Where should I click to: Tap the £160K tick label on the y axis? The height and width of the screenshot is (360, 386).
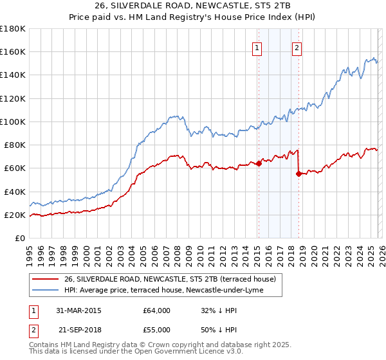coord(13,51)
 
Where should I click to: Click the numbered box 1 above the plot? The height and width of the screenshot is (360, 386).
coord(257,47)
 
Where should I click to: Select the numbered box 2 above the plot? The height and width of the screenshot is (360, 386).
coord(297,47)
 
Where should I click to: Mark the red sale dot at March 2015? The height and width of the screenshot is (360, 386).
coord(259,163)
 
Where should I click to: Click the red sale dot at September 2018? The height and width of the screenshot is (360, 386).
coord(299,174)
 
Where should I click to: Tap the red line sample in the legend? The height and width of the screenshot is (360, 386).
coord(46,279)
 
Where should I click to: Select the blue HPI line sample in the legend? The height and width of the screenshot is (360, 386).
coord(46,291)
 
